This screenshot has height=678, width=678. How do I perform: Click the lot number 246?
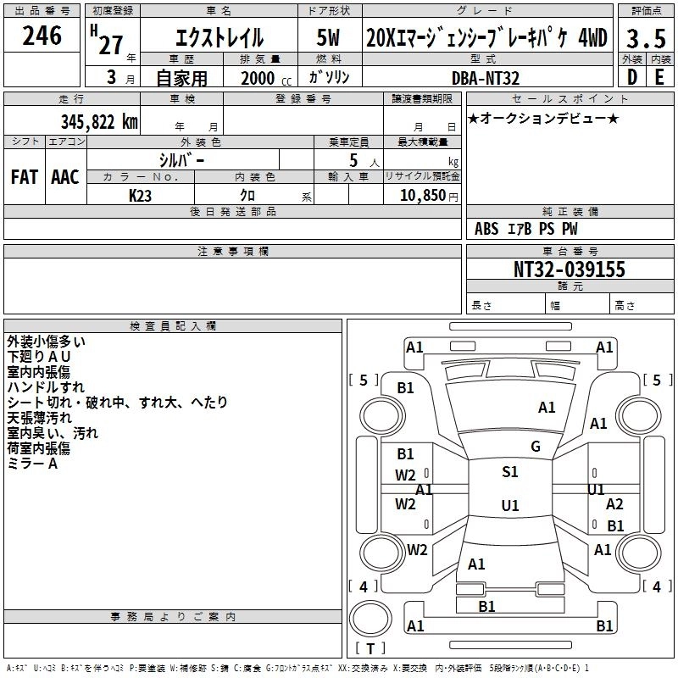[42, 36]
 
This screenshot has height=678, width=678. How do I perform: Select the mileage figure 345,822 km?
[97, 122]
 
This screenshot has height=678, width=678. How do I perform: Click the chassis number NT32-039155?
[569, 270]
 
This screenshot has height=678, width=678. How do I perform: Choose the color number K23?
[140, 195]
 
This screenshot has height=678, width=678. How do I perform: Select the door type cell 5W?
[331, 38]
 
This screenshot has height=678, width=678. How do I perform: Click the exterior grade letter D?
[631, 77]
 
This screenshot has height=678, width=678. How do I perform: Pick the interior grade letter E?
[659, 77]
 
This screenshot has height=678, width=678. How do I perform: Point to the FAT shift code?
[24, 177]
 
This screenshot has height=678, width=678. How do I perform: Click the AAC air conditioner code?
[64, 177]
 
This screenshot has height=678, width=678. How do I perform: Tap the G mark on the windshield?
[536, 446]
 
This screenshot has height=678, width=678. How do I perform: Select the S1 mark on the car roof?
[509, 472]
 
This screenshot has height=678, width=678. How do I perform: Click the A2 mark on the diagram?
[614, 504]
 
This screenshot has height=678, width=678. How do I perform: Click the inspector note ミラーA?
[32, 464]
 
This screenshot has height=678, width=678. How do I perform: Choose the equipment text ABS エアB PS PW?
[526, 229]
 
